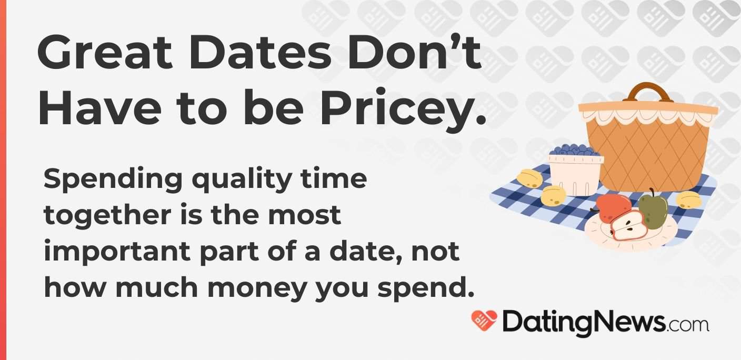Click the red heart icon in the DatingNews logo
484,321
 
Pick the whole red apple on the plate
612,206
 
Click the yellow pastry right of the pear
688,200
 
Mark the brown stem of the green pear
652,193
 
